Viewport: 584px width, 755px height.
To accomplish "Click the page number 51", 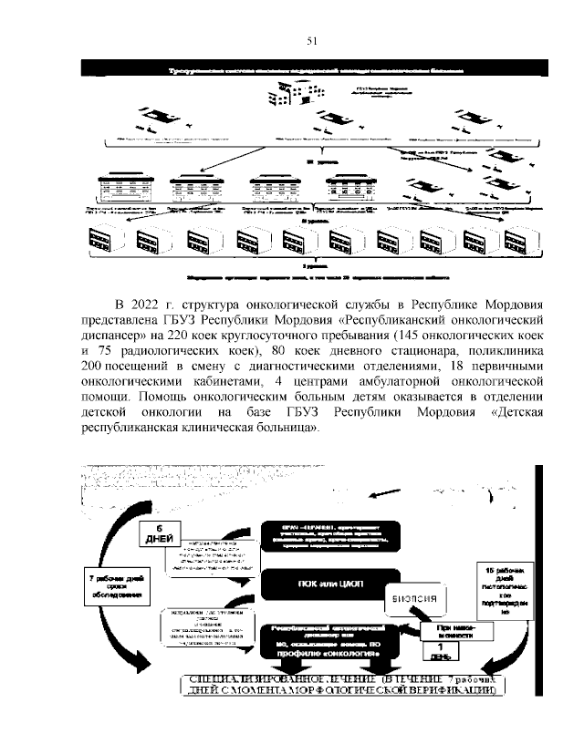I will pos(310,41).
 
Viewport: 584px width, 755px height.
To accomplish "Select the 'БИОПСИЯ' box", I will pos(420,599).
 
